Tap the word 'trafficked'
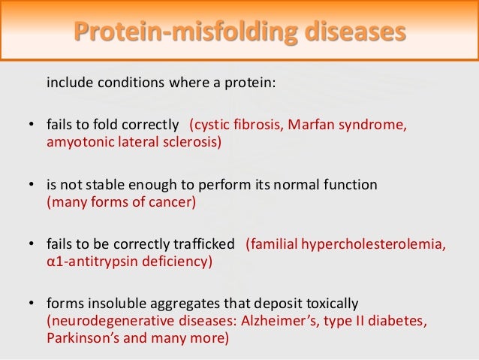(207, 244)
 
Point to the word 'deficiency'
(176, 262)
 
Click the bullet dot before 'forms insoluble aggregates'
(31, 304)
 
